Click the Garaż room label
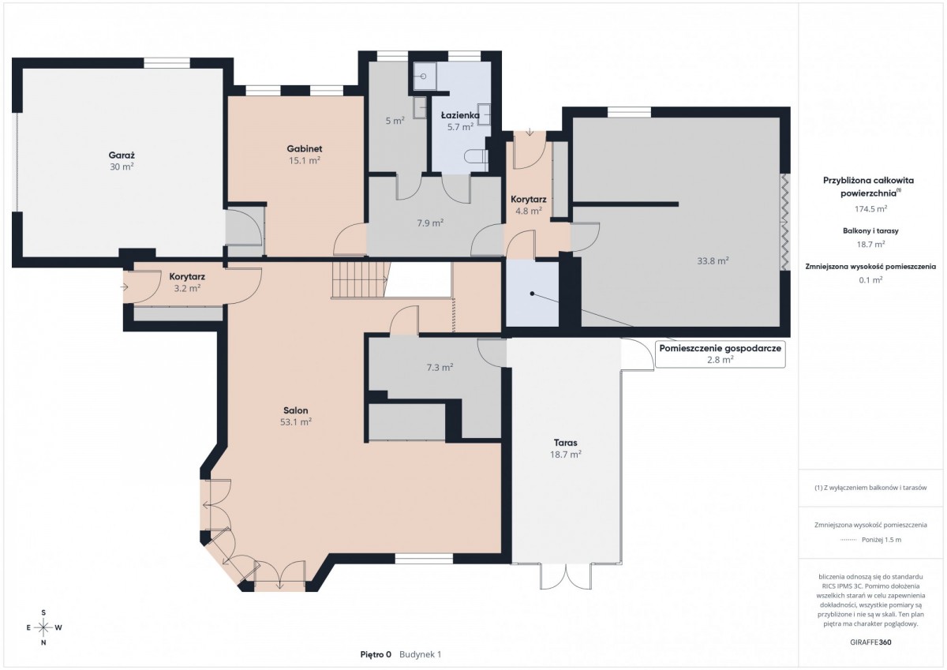(x=122, y=155)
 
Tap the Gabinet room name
(x=305, y=149)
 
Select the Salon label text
(x=295, y=410)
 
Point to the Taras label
(x=566, y=443)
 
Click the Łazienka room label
(x=460, y=115)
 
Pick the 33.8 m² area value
(x=713, y=261)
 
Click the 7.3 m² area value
(x=440, y=368)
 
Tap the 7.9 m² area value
(x=430, y=223)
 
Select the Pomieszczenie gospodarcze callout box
(x=720, y=354)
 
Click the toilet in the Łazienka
(x=476, y=157)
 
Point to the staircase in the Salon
(x=359, y=280)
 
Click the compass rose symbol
(x=43, y=627)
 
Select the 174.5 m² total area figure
(x=871, y=209)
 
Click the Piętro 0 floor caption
(x=376, y=655)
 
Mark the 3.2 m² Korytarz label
(x=187, y=283)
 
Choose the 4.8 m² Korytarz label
(x=529, y=205)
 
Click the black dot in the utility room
(x=532, y=294)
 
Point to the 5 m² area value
(x=395, y=121)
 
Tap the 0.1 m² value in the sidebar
(x=871, y=280)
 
